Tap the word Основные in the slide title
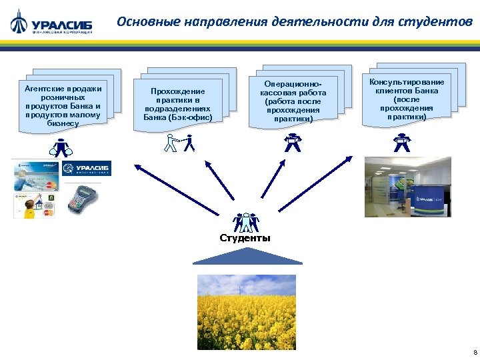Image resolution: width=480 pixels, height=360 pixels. click(x=143, y=21)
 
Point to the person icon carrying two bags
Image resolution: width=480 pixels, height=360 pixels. click(x=61, y=147)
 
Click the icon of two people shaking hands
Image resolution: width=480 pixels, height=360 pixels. click(x=180, y=143)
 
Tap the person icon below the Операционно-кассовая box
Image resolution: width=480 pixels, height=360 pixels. click(x=291, y=142)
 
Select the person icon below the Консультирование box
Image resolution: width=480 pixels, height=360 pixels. click(x=401, y=142)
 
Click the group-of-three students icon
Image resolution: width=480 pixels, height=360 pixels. click(x=245, y=222)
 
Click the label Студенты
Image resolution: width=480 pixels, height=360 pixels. click(x=245, y=238)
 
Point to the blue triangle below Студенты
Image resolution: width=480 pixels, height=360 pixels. click(x=246, y=257)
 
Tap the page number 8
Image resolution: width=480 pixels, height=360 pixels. click(x=474, y=352)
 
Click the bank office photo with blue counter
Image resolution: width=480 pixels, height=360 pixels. click(x=407, y=187)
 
